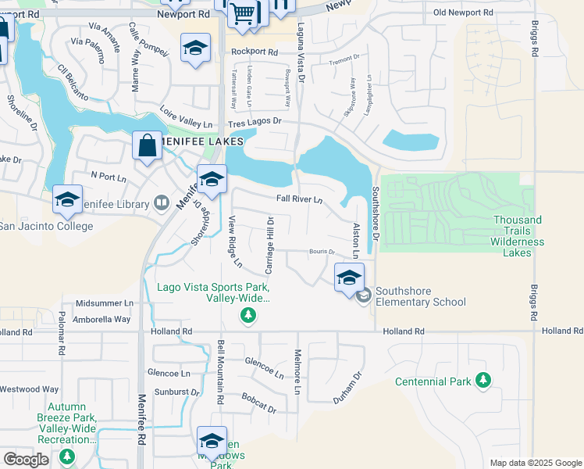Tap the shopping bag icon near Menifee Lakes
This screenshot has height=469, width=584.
coord(147,145)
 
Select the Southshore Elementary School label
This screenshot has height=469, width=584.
coord(420,297)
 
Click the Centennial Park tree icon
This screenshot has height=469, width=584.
coord(483,381)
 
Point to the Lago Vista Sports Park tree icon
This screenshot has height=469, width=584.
coord(247,315)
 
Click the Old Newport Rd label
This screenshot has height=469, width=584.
coord(463,13)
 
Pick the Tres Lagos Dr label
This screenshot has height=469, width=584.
coord(255,124)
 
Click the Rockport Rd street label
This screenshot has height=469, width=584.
coord(255,52)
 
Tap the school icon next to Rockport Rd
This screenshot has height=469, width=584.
coord(195,48)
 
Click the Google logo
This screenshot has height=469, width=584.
coord(26,459)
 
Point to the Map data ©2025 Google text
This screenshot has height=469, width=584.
coord(535,463)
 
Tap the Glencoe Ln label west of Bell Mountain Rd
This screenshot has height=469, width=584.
coord(169,374)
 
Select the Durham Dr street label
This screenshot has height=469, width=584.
coord(348,386)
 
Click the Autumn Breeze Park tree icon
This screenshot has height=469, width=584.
coord(67,456)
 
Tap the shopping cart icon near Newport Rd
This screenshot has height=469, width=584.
coord(243,12)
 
